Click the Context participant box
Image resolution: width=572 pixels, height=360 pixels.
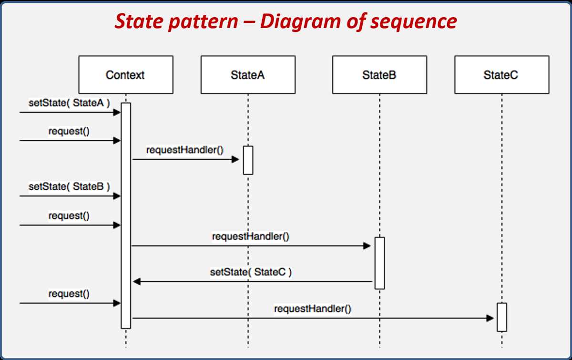(126, 74)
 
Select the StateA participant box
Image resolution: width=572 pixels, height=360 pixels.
(248, 74)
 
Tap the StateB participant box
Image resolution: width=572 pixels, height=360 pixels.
(379, 74)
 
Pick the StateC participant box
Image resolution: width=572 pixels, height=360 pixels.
(502, 74)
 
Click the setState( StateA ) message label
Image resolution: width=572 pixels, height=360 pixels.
(69, 103)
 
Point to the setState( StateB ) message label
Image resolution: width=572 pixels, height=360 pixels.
(69, 187)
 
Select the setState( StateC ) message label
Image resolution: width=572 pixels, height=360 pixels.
(251, 272)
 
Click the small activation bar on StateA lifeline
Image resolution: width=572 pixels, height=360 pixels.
(248, 160)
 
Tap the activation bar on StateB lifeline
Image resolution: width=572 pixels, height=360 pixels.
(379, 263)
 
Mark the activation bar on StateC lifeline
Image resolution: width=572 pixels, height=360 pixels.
(502, 317)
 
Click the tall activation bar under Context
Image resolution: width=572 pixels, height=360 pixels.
(126, 216)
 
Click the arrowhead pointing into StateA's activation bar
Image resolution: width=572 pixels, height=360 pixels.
(235, 159)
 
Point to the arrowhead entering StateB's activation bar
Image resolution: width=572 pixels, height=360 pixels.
(367, 246)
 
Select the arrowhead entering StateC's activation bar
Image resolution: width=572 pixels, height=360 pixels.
(490, 318)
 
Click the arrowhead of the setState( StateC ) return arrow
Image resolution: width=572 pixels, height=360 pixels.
(137, 281)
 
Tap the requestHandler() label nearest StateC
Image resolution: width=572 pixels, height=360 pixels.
(313, 309)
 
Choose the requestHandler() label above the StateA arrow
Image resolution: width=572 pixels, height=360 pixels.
(185, 150)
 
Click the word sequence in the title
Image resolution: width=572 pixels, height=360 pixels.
(414, 21)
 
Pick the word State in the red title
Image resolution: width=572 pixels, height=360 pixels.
(139, 21)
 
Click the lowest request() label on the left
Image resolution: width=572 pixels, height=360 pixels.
(69, 294)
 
